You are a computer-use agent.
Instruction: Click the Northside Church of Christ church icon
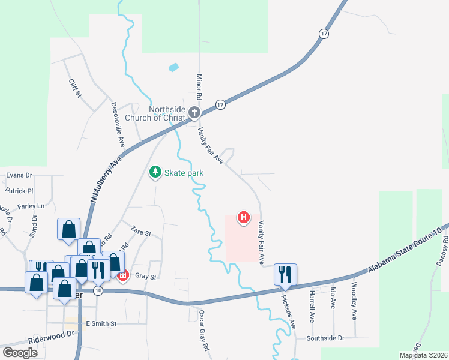194,112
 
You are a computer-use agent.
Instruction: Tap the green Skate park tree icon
155,173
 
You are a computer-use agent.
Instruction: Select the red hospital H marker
244,218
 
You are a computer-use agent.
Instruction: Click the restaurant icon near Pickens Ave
285,274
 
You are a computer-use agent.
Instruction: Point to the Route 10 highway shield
98,290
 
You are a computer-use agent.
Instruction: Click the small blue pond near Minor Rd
173,67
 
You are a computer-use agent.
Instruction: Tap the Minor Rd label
199,87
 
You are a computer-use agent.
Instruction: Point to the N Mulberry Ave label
104,180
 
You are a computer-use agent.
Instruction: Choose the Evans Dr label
19,176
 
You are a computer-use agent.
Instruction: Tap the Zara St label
141,233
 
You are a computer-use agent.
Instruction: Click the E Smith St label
100,323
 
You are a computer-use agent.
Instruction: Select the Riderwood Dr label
53,335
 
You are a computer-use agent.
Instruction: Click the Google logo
20,352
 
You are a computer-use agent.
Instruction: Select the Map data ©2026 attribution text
423,355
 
